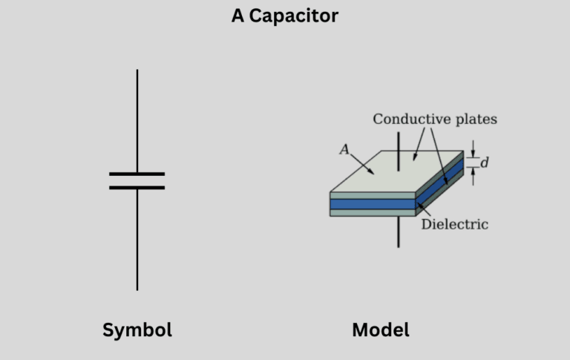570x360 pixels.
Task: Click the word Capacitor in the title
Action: tap(294, 16)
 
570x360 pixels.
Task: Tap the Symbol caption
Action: tap(137, 330)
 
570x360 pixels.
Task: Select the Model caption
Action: tap(381, 330)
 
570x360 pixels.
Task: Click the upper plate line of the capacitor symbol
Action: tap(137, 174)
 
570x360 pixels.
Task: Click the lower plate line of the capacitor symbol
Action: tap(137, 188)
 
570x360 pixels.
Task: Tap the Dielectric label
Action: tap(455, 224)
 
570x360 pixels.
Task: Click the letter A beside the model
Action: tap(344, 149)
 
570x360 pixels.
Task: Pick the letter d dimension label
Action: tap(485, 163)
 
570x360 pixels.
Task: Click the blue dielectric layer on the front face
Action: tap(371, 203)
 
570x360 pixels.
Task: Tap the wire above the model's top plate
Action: tap(399, 145)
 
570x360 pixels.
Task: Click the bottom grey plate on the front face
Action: tap(371, 212)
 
